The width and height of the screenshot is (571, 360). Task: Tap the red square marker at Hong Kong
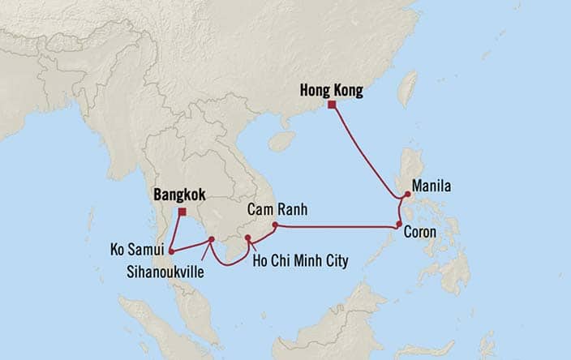(x=332, y=104)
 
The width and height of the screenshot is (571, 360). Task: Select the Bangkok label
(x=178, y=195)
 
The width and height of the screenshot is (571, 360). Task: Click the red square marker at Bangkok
(x=182, y=212)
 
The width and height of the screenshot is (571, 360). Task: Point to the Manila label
(x=432, y=186)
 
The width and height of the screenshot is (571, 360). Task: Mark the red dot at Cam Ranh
(x=275, y=225)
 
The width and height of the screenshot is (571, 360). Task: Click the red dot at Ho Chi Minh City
(x=247, y=238)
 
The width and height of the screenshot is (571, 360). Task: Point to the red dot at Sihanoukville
(x=211, y=239)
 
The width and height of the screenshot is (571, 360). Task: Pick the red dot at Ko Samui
(x=171, y=251)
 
